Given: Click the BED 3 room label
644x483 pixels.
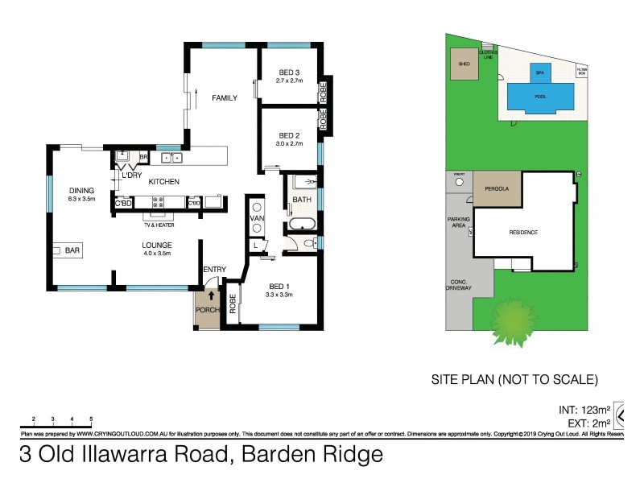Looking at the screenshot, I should tap(288, 70).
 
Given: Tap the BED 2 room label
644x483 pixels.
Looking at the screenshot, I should tap(289, 134).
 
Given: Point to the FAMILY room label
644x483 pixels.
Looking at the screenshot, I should tap(225, 97).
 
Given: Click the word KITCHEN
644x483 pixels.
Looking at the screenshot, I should tap(163, 182).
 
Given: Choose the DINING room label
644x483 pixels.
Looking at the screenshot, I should tap(81, 190).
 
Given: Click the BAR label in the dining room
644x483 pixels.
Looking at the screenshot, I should tap(72, 251).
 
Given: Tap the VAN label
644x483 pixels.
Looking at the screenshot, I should tap(258, 217).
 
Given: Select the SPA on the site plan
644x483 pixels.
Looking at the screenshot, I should tap(540, 71).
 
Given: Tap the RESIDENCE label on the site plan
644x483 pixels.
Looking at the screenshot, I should tap(523, 233).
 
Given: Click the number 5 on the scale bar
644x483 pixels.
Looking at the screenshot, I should tap(91, 419).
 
